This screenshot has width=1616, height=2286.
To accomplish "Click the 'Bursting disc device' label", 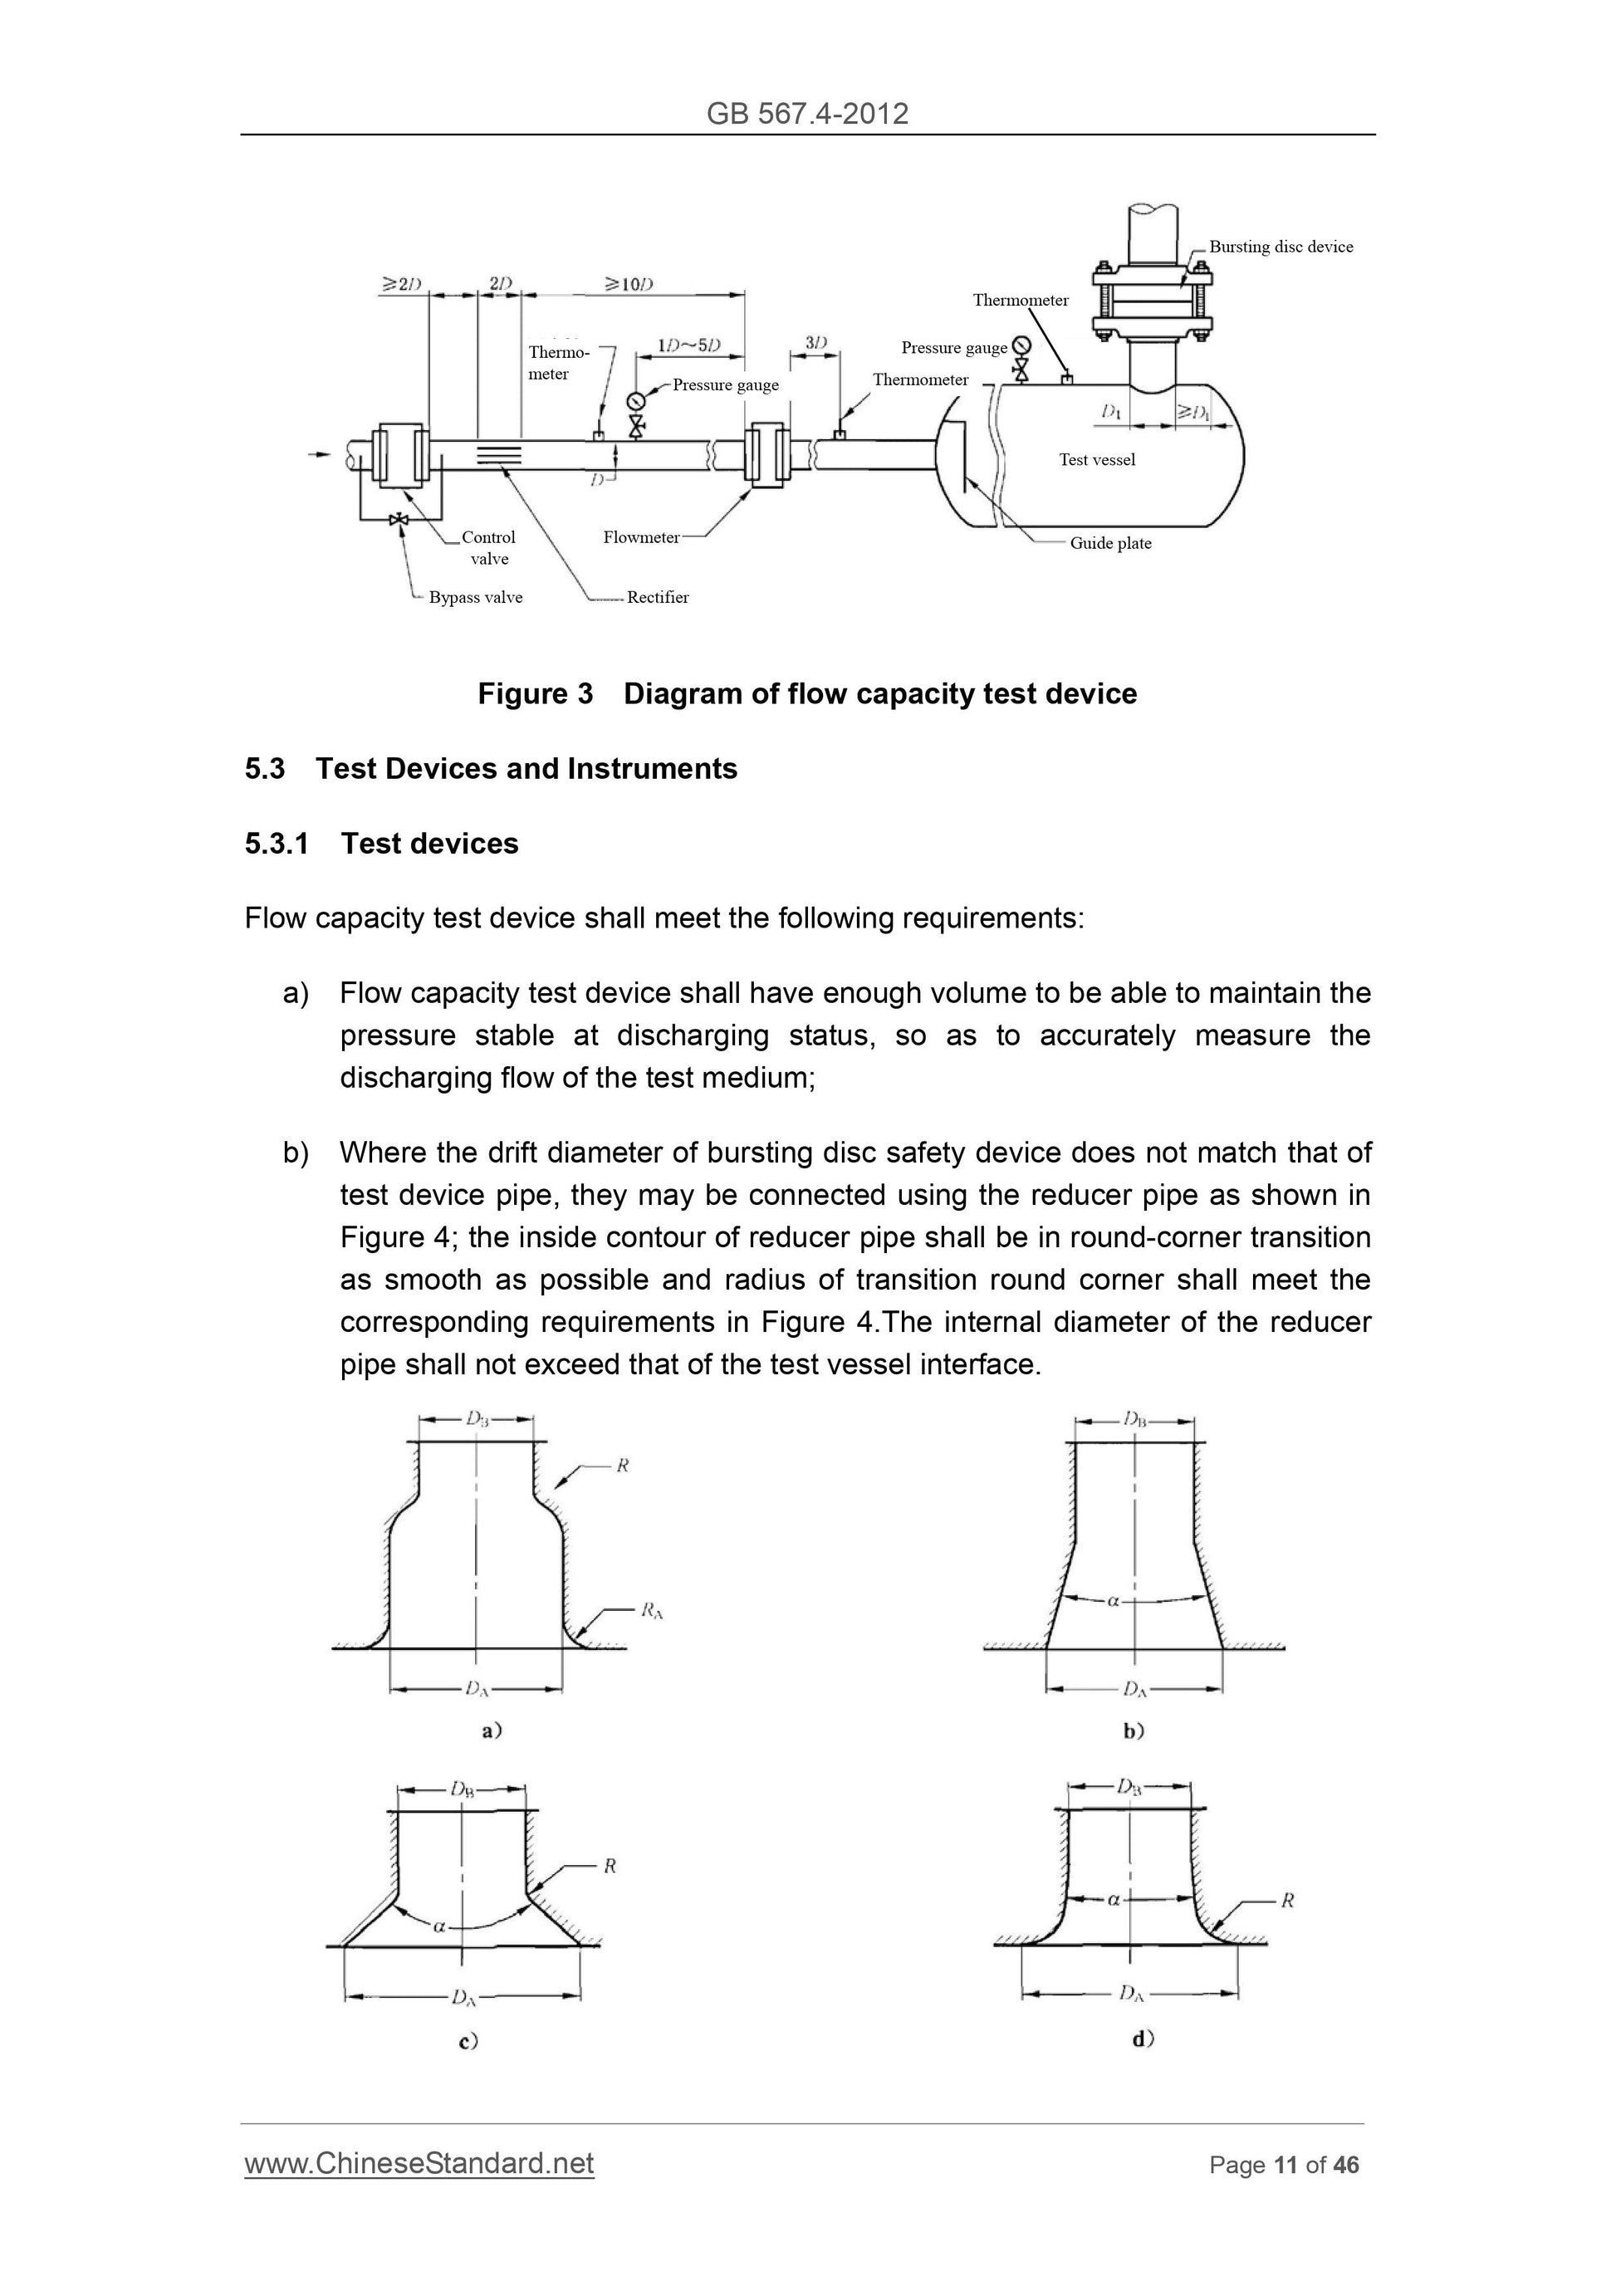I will coord(1281,247).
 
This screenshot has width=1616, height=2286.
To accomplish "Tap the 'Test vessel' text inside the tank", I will coord(1096,460).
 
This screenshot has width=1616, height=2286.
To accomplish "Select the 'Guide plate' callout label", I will coord(1110,544).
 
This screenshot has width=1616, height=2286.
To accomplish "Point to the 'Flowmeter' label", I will coord(640,537).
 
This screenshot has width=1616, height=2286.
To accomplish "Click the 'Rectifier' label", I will coord(657,597).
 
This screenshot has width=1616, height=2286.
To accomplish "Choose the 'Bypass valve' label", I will coord(475,597).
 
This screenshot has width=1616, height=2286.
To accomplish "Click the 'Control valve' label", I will coord(488,547).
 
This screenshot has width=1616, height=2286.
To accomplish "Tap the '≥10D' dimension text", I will coord(629,285).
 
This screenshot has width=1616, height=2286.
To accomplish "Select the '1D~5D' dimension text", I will coord(688,345).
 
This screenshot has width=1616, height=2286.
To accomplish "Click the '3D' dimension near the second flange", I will coord(815,342).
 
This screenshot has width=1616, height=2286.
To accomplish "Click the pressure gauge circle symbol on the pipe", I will coord(635,401).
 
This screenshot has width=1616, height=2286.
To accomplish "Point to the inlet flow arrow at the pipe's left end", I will coord(319,455).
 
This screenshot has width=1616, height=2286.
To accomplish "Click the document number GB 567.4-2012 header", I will coord(806,114).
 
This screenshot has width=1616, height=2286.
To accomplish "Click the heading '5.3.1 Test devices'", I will coord(381,844).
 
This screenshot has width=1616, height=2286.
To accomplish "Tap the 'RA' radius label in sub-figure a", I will coord(651,1610).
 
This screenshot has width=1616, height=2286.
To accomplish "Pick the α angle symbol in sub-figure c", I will coord(438,1926).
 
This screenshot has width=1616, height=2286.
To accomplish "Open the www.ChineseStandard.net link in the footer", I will coord(419,2162).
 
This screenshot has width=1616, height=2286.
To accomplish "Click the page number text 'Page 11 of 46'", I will coord(1284,2165).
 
